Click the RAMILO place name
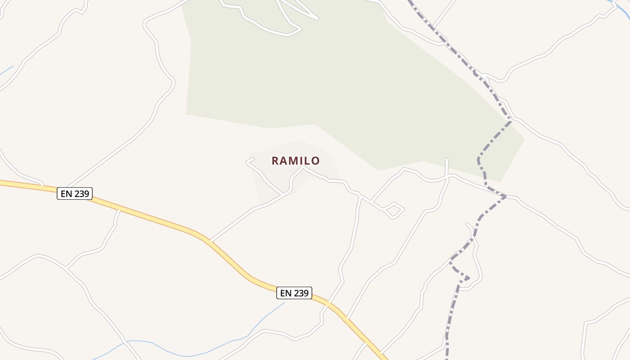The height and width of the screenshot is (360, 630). [296, 161]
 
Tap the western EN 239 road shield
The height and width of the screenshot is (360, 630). [75, 194]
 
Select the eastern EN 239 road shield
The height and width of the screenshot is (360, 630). [294, 293]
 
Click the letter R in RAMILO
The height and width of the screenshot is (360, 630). [275, 161]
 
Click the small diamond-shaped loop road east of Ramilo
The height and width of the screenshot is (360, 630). [393, 210]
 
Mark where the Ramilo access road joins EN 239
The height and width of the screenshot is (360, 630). [211, 240]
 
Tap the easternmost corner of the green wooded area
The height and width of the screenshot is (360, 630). [524, 138]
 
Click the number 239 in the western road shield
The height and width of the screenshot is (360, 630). [82, 194]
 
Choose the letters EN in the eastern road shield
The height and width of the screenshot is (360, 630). [286, 293]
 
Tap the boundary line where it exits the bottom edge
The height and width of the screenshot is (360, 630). [447, 355]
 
